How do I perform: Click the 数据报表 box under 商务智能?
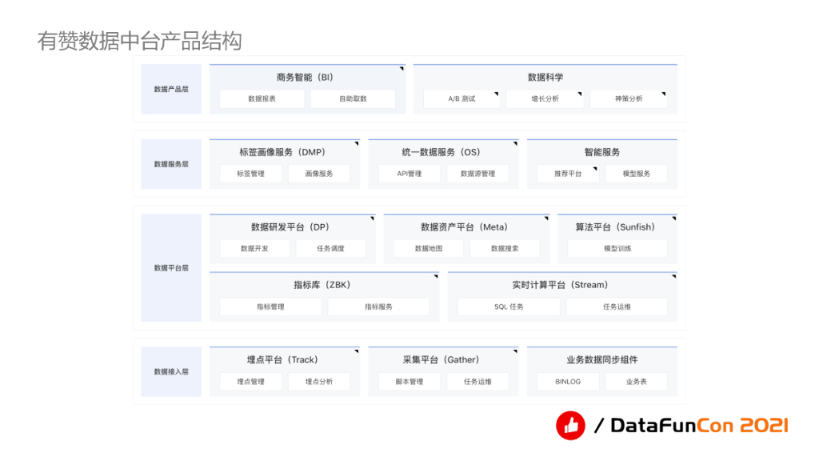262,99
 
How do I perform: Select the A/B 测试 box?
461,99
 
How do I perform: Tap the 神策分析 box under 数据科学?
629,99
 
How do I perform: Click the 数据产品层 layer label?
171,89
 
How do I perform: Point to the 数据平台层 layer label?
171,268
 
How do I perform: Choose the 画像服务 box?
319,174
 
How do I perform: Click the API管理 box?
409,174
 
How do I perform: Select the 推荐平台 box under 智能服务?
569,174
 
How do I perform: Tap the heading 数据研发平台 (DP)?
290,227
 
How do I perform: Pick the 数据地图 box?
428,249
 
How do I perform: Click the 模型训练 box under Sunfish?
617,249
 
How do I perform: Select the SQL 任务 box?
509,307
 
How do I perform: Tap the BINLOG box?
568,382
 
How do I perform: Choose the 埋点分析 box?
319,382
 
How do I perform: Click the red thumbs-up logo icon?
570,426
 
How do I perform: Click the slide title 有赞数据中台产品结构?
139,41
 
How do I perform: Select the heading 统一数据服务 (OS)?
441,152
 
